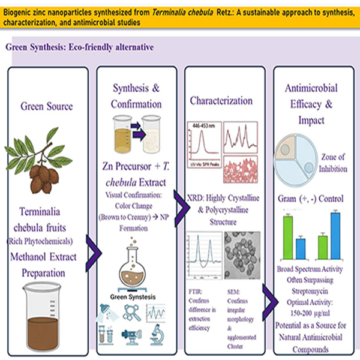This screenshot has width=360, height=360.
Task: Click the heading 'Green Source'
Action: pos(46,107)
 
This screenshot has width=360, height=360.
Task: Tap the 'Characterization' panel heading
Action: pos(221,100)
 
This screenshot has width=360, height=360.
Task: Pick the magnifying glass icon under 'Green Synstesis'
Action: pos(134,313)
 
